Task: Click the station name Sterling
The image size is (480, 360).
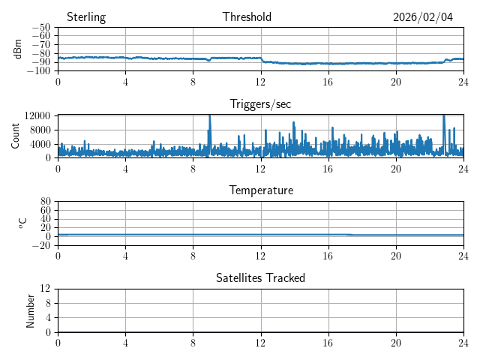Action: (86, 17)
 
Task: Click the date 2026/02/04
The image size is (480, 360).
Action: (423, 17)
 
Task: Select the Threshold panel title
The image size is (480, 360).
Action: (247, 17)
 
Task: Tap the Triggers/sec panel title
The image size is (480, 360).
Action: (260, 104)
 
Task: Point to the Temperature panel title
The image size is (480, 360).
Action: (261, 191)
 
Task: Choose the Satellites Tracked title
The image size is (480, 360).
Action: (260, 278)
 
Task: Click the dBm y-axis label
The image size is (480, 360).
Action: (18, 49)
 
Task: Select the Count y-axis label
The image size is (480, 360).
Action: (16, 136)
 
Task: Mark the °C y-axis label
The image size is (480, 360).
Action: (22, 223)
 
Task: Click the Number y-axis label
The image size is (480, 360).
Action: (31, 310)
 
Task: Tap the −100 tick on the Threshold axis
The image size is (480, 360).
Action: (40, 71)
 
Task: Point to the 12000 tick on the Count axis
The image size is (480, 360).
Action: (37, 115)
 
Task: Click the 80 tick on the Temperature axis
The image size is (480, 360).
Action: (45, 202)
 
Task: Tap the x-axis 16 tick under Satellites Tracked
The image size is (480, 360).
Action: (328, 343)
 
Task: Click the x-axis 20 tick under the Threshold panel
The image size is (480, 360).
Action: (396, 82)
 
